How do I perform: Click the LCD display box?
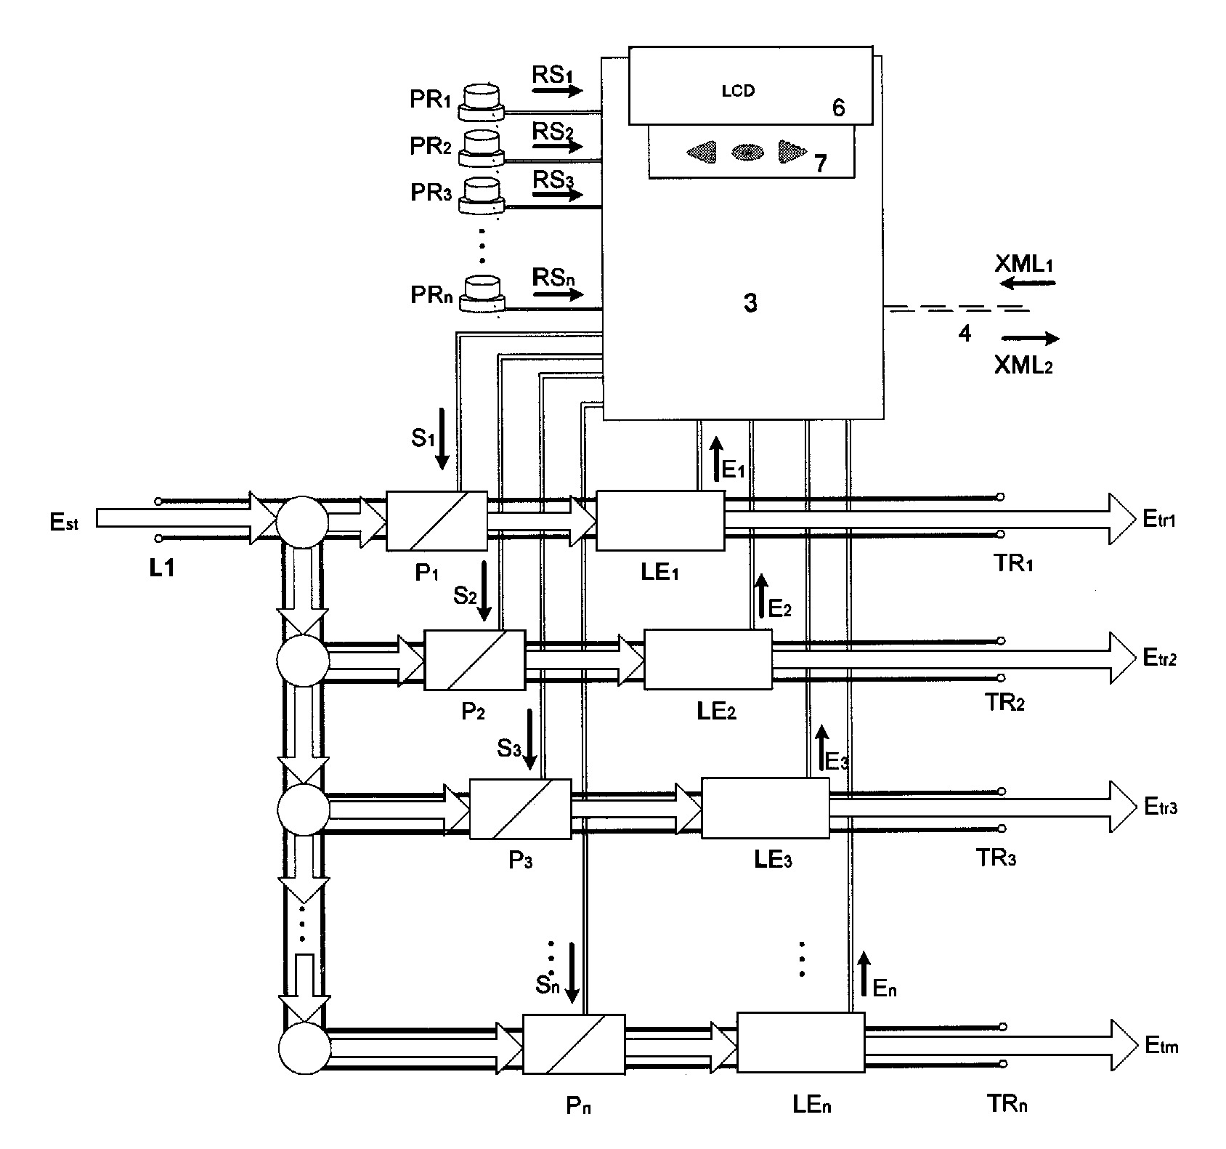click(x=750, y=86)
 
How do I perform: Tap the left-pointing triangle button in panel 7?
click(x=702, y=151)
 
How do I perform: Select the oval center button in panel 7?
click(x=747, y=151)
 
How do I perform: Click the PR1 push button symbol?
click(x=481, y=102)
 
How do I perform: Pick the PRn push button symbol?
click(x=481, y=294)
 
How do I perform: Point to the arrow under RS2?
click(x=557, y=147)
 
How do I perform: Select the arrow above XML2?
click(x=1029, y=338)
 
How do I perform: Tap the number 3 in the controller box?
click(x=750, y=303)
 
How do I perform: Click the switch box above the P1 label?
click(x=437, y=520)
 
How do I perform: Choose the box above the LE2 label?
click(x=708, y=659)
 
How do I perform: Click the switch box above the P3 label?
click(x=520, y=809)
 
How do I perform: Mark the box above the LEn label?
click(x=801, y=1043)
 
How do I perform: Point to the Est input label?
click(x=64, y=523)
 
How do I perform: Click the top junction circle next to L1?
click(x=303, y=521)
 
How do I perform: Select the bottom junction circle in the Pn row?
click(x=304, y=1048)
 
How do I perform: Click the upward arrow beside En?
click(x=864, y=975)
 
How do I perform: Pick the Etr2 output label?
click(x=1160, y=658)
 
